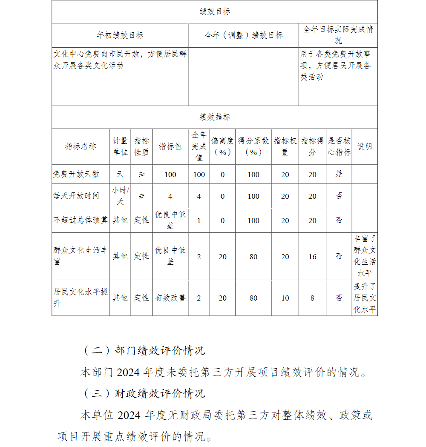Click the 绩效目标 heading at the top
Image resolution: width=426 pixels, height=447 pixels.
[215, 12]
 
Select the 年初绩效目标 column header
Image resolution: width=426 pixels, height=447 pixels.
[120, 35]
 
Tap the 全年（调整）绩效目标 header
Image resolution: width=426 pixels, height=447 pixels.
[243, 35]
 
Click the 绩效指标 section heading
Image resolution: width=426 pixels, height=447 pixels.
[215, 117]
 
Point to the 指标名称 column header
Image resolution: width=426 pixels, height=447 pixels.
[81, 146]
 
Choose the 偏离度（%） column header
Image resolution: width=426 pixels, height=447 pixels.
[222, 146]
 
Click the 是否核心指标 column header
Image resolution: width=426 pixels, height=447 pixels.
[339, 146]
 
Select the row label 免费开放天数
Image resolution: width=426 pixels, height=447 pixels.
[77, 174]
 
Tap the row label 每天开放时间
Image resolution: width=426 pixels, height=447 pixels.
[77, 196]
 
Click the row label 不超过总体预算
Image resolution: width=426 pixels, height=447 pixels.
[81, 220]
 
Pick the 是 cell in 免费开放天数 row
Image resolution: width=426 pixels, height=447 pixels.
[339, 174]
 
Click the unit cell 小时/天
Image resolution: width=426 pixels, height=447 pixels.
[120, 196]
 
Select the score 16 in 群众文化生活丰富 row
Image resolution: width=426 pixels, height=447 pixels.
[312, 256]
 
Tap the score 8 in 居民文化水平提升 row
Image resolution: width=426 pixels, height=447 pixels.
[312, 298]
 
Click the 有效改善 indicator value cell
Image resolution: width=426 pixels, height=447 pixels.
[170, 298]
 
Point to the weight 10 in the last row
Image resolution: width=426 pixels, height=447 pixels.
[285, 298]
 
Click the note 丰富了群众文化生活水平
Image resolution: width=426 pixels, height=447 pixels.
[365, 256]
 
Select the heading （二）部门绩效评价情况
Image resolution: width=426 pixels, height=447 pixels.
[144, 350]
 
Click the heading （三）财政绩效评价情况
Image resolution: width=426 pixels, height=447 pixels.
[144, 393]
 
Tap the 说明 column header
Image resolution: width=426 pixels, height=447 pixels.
[365, 146]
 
